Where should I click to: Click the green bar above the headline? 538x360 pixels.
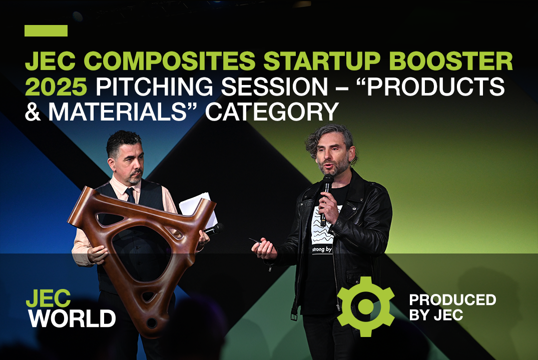(46, 31)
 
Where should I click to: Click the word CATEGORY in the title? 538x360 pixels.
(271, 112)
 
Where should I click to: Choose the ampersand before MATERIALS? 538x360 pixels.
(34, 112)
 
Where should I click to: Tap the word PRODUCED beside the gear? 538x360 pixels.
(452, 300)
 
